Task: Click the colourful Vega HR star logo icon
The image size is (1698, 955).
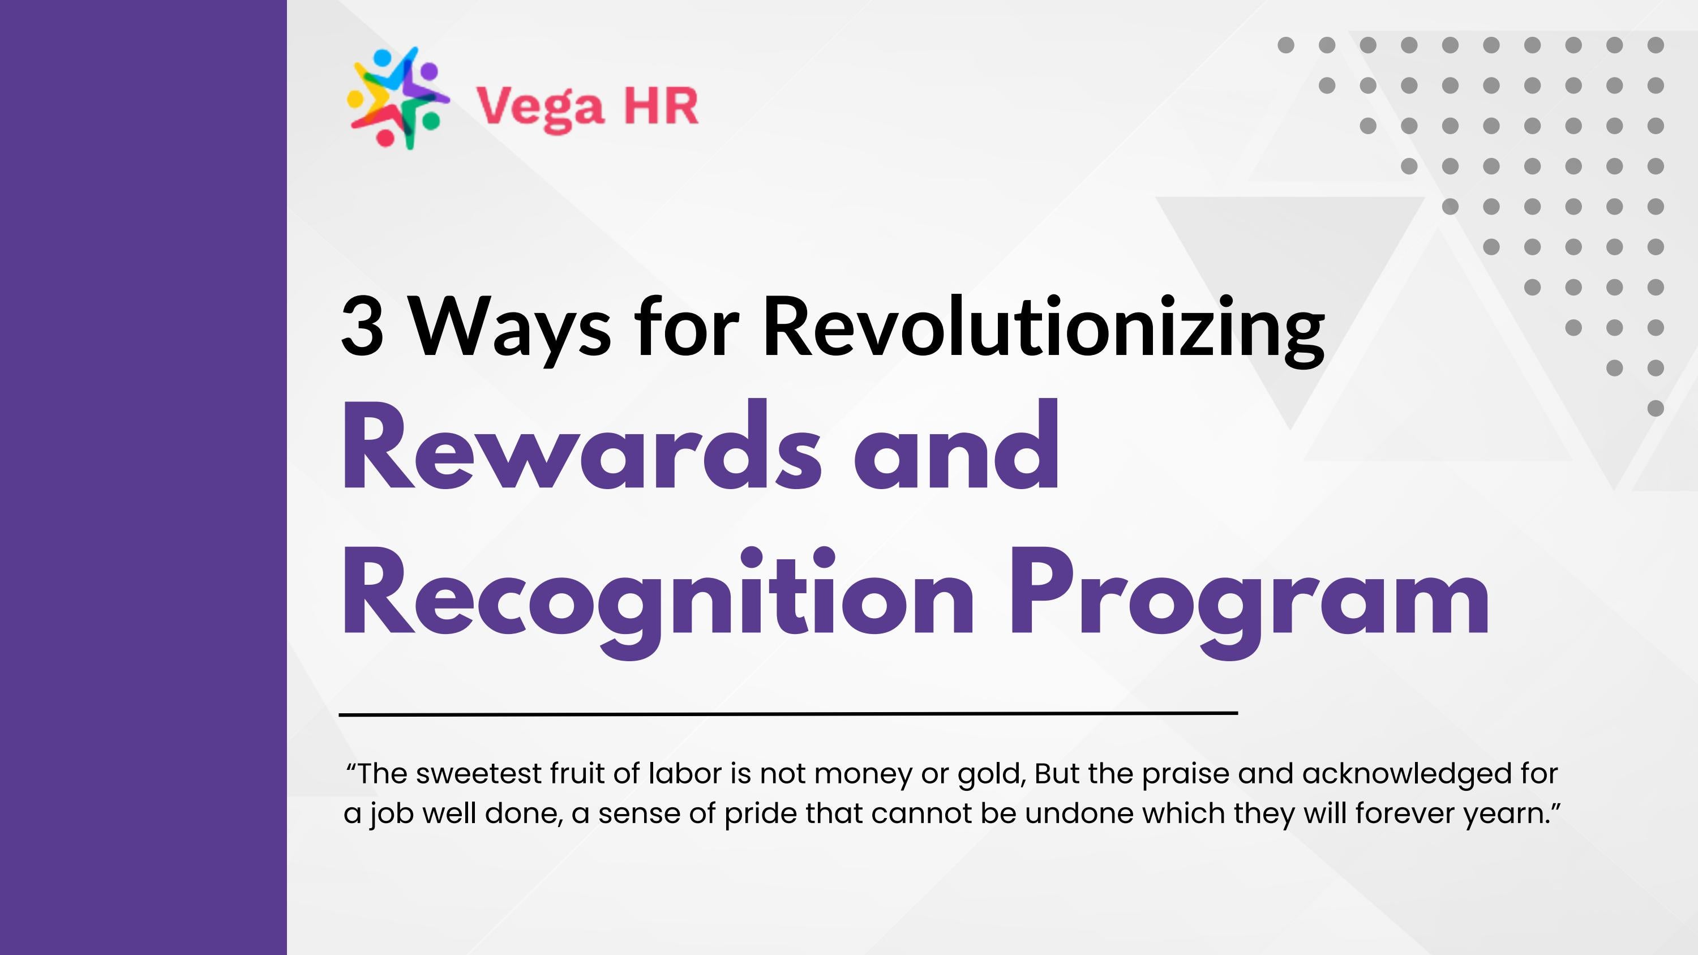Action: [397, 99]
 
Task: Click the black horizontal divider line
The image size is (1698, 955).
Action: [788, 713]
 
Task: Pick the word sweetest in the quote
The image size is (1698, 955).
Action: [478, 774]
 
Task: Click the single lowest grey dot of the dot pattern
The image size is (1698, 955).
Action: [1655, 409]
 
